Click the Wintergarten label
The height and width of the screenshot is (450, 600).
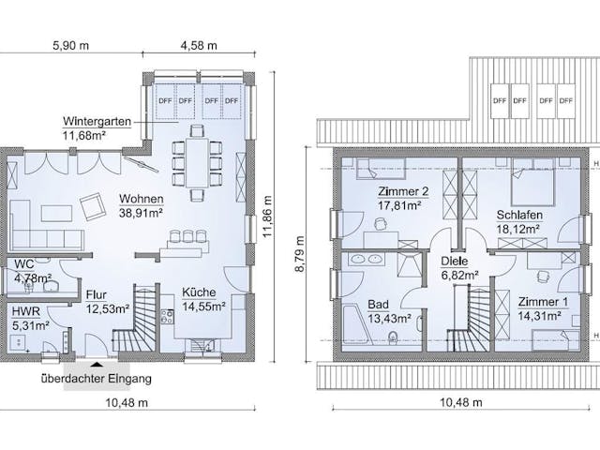[x=97, y=122]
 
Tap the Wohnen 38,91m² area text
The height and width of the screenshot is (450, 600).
[x=142, y=213]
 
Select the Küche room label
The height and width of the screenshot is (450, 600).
[x=199, y=292]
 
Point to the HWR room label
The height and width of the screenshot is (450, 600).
[x=26, y=311]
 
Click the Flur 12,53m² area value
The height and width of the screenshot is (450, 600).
[x=107, y=308]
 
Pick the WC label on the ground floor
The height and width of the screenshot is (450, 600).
[x=24, y=264]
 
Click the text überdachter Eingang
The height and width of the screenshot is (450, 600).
[x=97, y=379]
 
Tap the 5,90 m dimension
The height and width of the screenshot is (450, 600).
[x=71, y=46]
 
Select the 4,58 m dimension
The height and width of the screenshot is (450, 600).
[x=199, y=46]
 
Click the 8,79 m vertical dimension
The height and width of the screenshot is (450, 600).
[x=300, y=254]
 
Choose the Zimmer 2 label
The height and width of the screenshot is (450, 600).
[x=403, y=191]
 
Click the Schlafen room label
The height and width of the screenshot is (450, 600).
[x=519, y=215]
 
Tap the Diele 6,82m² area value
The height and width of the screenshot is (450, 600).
[x=460, y=276]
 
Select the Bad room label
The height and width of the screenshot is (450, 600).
[x=378, y=305]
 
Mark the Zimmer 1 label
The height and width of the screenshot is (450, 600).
[x=543, y=302]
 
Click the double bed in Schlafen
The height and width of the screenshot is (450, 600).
[x=533, y=183]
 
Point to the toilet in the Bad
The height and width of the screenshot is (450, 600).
[x=392, y=337]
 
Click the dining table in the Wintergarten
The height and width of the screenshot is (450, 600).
[x=197, y=163]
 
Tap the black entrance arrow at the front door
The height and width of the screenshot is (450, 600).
[x=97, y=365]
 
